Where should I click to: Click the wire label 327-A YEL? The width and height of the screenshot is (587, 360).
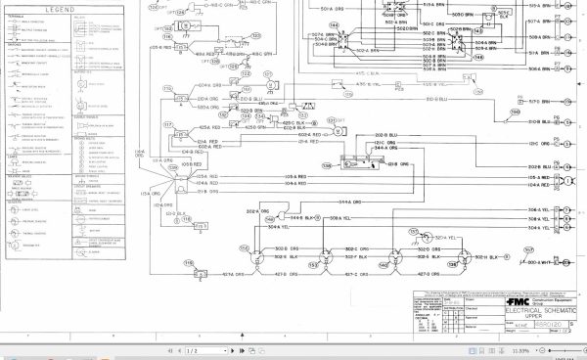(444, 238)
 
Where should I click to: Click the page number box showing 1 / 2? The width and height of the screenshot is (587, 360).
(192, 349)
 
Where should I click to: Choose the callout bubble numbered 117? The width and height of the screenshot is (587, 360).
(167, 124)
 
